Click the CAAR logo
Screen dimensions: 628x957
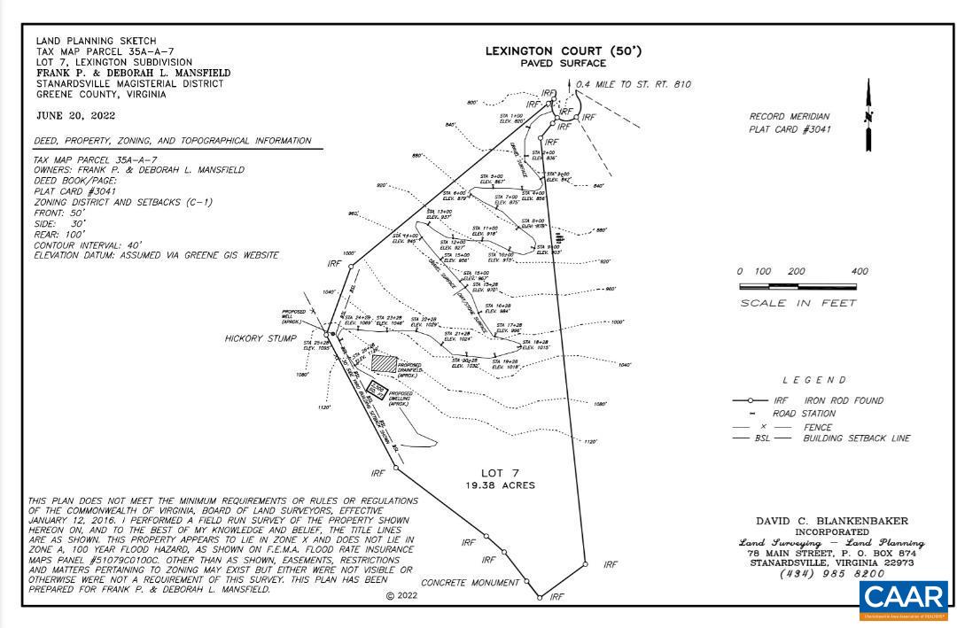click(x=904, y=601)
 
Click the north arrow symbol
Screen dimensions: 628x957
click(x=868, y=116)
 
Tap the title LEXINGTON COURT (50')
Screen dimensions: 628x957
click(x=563, y=51)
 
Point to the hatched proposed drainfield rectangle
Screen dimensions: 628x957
click(x=384, y=363)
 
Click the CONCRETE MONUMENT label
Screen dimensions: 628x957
click(x=470, y=583)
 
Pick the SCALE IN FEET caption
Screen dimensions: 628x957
click(x=798, y=304)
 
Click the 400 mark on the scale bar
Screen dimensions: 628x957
click(x=859, y=272)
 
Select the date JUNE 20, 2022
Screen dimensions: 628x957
click(x=75, y=115)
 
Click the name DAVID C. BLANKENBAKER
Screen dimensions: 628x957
click(x=831, y=521)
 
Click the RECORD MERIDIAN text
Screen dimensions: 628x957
click(x=789, y=116)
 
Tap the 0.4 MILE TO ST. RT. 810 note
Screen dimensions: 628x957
click(x=633, y=85)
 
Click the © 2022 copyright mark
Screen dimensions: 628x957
click(x=401, y=596)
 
